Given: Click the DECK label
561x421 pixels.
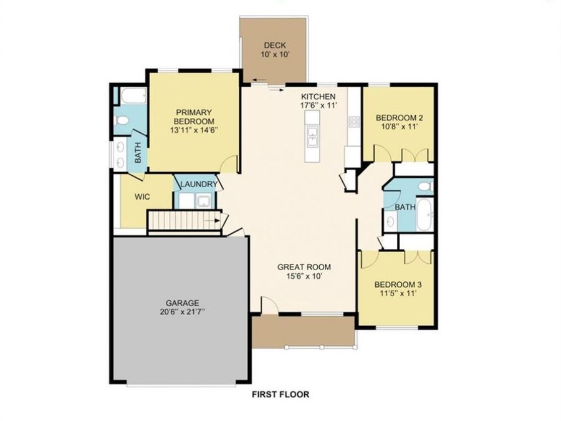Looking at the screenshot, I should [x=274, y=45].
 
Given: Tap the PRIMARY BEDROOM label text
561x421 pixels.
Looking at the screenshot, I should [x=193, y=117].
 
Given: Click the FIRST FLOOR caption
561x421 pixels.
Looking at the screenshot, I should [x=280, y=394].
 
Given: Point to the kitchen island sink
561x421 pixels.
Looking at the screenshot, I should [x=312, y=135].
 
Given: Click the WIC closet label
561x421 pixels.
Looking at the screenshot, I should [x=142, y=196].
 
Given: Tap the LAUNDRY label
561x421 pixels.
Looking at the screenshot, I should [x=199, y=185].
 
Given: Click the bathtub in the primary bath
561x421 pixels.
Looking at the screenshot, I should [x=132, y=97].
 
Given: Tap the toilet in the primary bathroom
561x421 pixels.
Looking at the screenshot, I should [x=122, y=120].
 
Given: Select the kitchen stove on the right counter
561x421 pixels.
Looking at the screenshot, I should [x=354, y=121].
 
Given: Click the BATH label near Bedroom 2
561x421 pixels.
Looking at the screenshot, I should [x=405, y=206].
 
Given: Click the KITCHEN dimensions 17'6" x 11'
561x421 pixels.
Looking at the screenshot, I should [x=319, y=106].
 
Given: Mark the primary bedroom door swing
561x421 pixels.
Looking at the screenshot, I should [x=231, y=164].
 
